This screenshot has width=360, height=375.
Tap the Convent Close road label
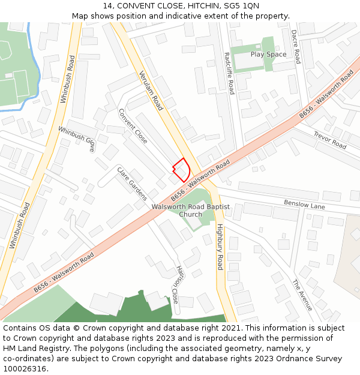click(x=133, y=126)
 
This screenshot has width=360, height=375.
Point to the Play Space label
click(x=268, y=55)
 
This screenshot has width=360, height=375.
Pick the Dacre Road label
click(x=296, y=47)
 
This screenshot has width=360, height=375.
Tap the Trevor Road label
click(x=330, y=140)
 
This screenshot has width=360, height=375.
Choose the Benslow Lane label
click(x=304, y=205)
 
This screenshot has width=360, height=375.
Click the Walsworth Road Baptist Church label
click(x=191, y=211)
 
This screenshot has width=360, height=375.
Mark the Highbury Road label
click(x=220, y=246)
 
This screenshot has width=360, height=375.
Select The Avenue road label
click(x=302, y=295)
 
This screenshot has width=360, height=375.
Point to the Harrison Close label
click(x=175, y=285)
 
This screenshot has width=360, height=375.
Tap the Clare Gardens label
click(x=132, y=183)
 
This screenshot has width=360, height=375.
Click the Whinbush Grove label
click(x=76, y=139)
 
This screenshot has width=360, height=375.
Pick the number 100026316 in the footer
click(x=24, y=369)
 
